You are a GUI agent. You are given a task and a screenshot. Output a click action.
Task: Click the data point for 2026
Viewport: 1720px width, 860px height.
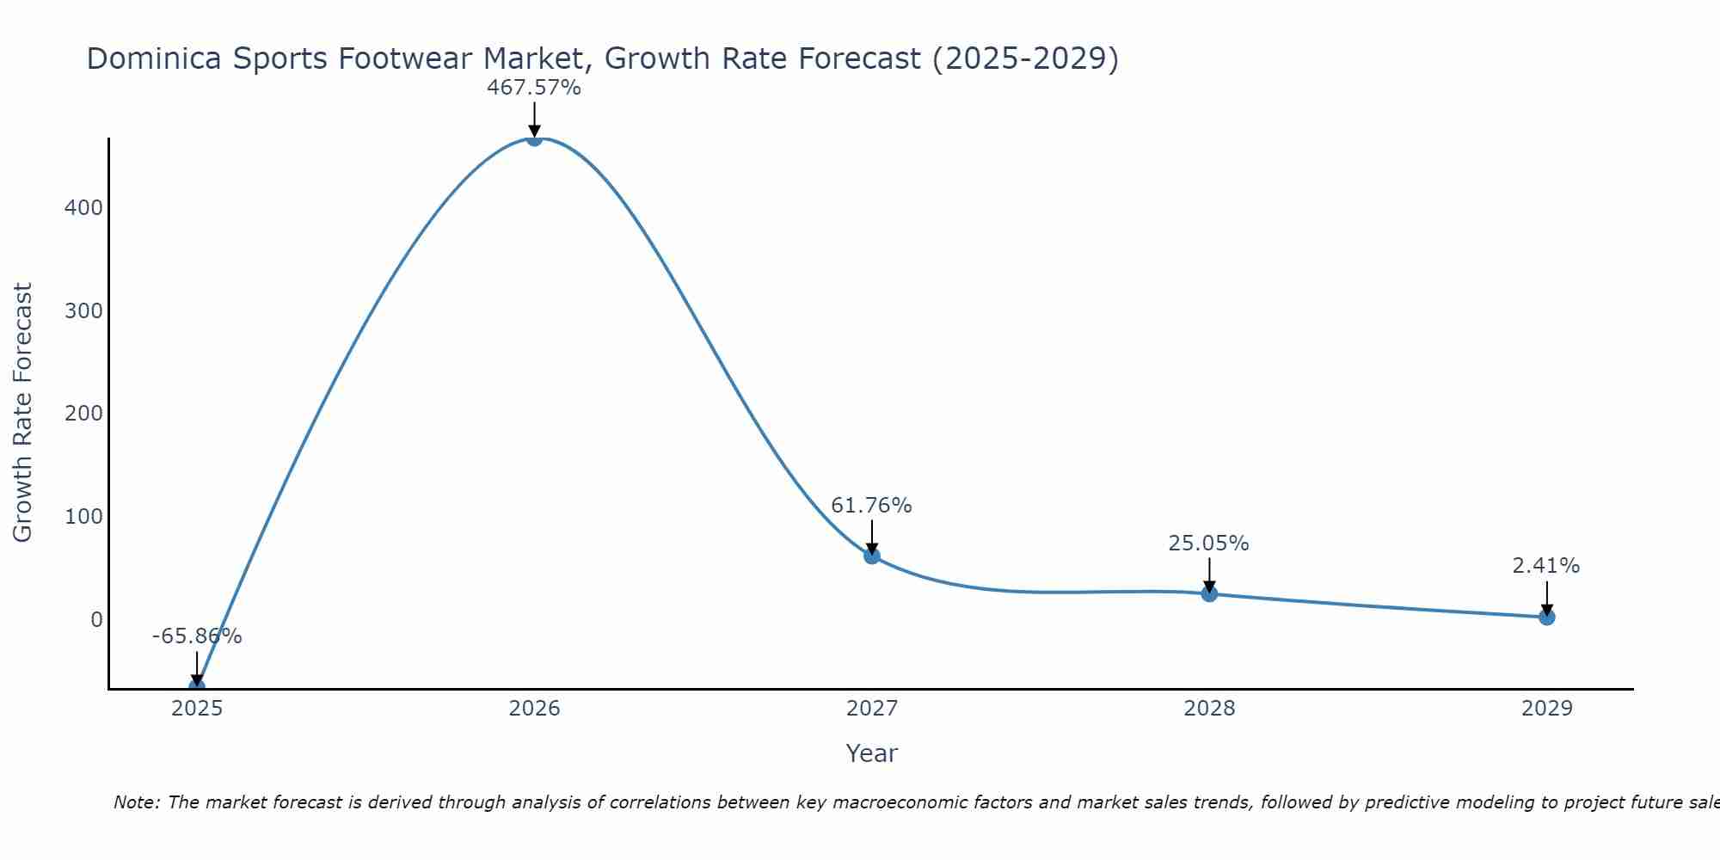pyautogui.click(x=534, y=138)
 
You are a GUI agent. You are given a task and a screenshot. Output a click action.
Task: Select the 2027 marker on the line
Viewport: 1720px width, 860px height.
pyautogui.click(x=872, y=556)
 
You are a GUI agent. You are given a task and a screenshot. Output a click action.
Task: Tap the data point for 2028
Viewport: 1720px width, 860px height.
pyautogui.click(x=1209, y=593)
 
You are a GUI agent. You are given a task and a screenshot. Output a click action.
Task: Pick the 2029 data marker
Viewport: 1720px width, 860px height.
pyautogui.click(x=1546, y=617)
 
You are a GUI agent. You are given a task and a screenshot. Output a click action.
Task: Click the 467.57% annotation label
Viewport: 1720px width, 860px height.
pyautogui.click(x=534, y=88)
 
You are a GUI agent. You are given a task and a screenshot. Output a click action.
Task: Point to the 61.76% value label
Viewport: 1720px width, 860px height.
pyautogui.click(x=871, y=506)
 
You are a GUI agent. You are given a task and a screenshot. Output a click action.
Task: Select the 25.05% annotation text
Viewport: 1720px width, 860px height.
pyautogui.click(x=1208, y=544)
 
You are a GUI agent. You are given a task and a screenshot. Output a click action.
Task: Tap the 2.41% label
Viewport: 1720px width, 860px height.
pyautogui.click(x=1546, y=566)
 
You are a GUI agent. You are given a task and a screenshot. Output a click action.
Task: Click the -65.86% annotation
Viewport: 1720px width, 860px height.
pyautogui.click(x=197, y=636)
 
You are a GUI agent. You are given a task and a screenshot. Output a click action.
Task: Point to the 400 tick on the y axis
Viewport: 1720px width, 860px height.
pyautogui.click(x=83, y=208)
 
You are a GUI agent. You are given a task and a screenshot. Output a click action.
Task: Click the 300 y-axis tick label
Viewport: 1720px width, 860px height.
pyautogui.click(x=83, y=310)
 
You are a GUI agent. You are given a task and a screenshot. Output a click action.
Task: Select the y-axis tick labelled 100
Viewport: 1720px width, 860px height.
pyautogui.click(x=83, y=517)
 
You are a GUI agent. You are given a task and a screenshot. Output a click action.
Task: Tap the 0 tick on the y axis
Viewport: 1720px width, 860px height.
pyautogui.click(x=96, y=619)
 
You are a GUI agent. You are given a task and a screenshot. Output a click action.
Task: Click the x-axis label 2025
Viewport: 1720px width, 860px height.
pyautogui.click(x=197, y=709)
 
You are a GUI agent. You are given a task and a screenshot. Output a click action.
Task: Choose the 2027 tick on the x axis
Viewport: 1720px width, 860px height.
pyautogui.click(x=872, y=709)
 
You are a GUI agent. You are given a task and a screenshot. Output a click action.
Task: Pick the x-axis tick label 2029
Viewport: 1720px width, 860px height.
pyautogui.click(x=1546, y=709)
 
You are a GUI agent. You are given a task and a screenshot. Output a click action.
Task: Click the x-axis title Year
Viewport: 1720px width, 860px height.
pyautogui.click(x=871, y=753)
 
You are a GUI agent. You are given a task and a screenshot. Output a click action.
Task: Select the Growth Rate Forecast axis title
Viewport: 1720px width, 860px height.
pyautogui.click(x=23, y=413)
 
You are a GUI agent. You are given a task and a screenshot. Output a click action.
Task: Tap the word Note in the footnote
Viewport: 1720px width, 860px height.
pyautogui.click(x=136, y=802)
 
